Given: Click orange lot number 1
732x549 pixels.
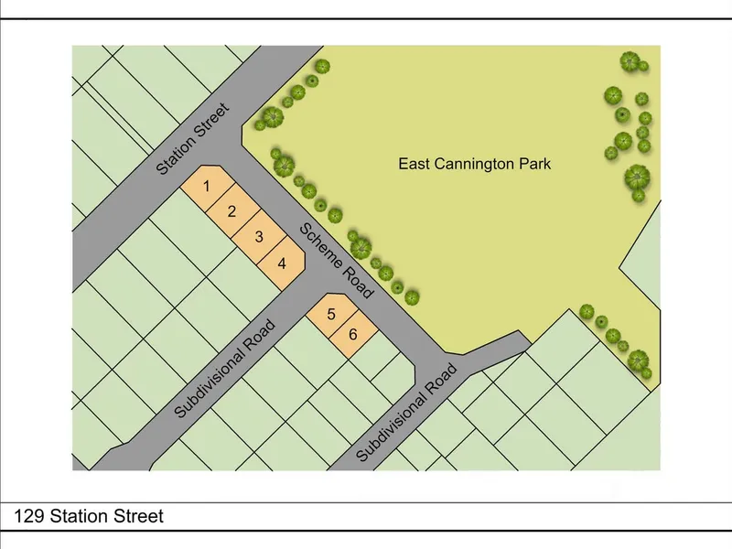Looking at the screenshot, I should click(208, 187).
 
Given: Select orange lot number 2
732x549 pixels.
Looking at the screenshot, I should click(232, 212).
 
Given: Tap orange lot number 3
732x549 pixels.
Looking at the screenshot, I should click(259, 238).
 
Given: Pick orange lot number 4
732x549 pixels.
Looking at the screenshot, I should click(283, 264).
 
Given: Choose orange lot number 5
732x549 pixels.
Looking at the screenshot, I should click(330, 315).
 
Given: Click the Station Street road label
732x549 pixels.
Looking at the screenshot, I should click(192, 139).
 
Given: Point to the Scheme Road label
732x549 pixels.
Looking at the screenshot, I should click(337, 261).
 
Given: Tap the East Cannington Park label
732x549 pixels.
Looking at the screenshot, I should click(475, 165).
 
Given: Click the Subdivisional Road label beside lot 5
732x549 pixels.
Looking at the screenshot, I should click(225, 368).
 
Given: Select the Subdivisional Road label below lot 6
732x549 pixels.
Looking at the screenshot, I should click(406, 414).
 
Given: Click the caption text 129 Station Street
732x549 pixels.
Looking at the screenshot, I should click(89, 517).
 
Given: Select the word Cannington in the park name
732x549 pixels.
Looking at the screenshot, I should click(475, 165).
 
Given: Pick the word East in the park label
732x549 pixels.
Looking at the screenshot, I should click(414, 165).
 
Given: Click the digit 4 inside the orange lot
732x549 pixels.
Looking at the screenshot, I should click(283, 264).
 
